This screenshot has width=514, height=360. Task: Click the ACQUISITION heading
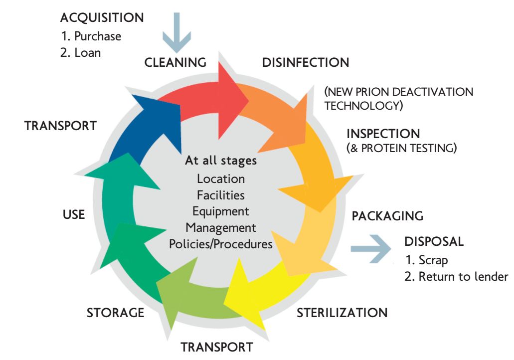(x=102, y=18)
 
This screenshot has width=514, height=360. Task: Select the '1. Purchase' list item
(x=91, y=36)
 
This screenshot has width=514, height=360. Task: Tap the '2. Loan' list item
(x=80, y=52)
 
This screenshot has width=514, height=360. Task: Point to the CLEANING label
(x=175, y=63)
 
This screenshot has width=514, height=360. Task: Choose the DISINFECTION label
(x=305, y=63)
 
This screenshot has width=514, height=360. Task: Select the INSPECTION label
(x=383, y=134)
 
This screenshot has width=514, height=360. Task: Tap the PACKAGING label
(x=387, y=216)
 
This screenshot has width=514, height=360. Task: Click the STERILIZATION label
(x=342, y=313)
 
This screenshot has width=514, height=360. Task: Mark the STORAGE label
(x=115, y=313)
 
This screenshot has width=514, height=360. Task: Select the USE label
(x=73, y=215)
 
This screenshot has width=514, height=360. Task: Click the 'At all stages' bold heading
(x=221, y=161)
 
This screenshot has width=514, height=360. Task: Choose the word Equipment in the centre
(x=221, y=211)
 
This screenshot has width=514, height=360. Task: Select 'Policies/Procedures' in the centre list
(x=221, y=244)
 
